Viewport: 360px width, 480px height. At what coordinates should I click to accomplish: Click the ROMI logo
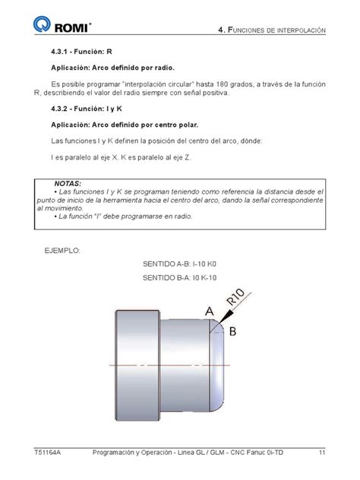coord(62,28)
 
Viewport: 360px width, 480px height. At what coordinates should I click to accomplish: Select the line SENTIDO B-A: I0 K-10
coord(185,279)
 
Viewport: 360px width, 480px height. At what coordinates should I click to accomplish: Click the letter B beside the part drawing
coord(234,331)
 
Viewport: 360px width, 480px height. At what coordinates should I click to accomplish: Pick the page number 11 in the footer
coord(322,453)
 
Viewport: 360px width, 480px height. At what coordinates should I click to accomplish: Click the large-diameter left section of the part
coord(137,365)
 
